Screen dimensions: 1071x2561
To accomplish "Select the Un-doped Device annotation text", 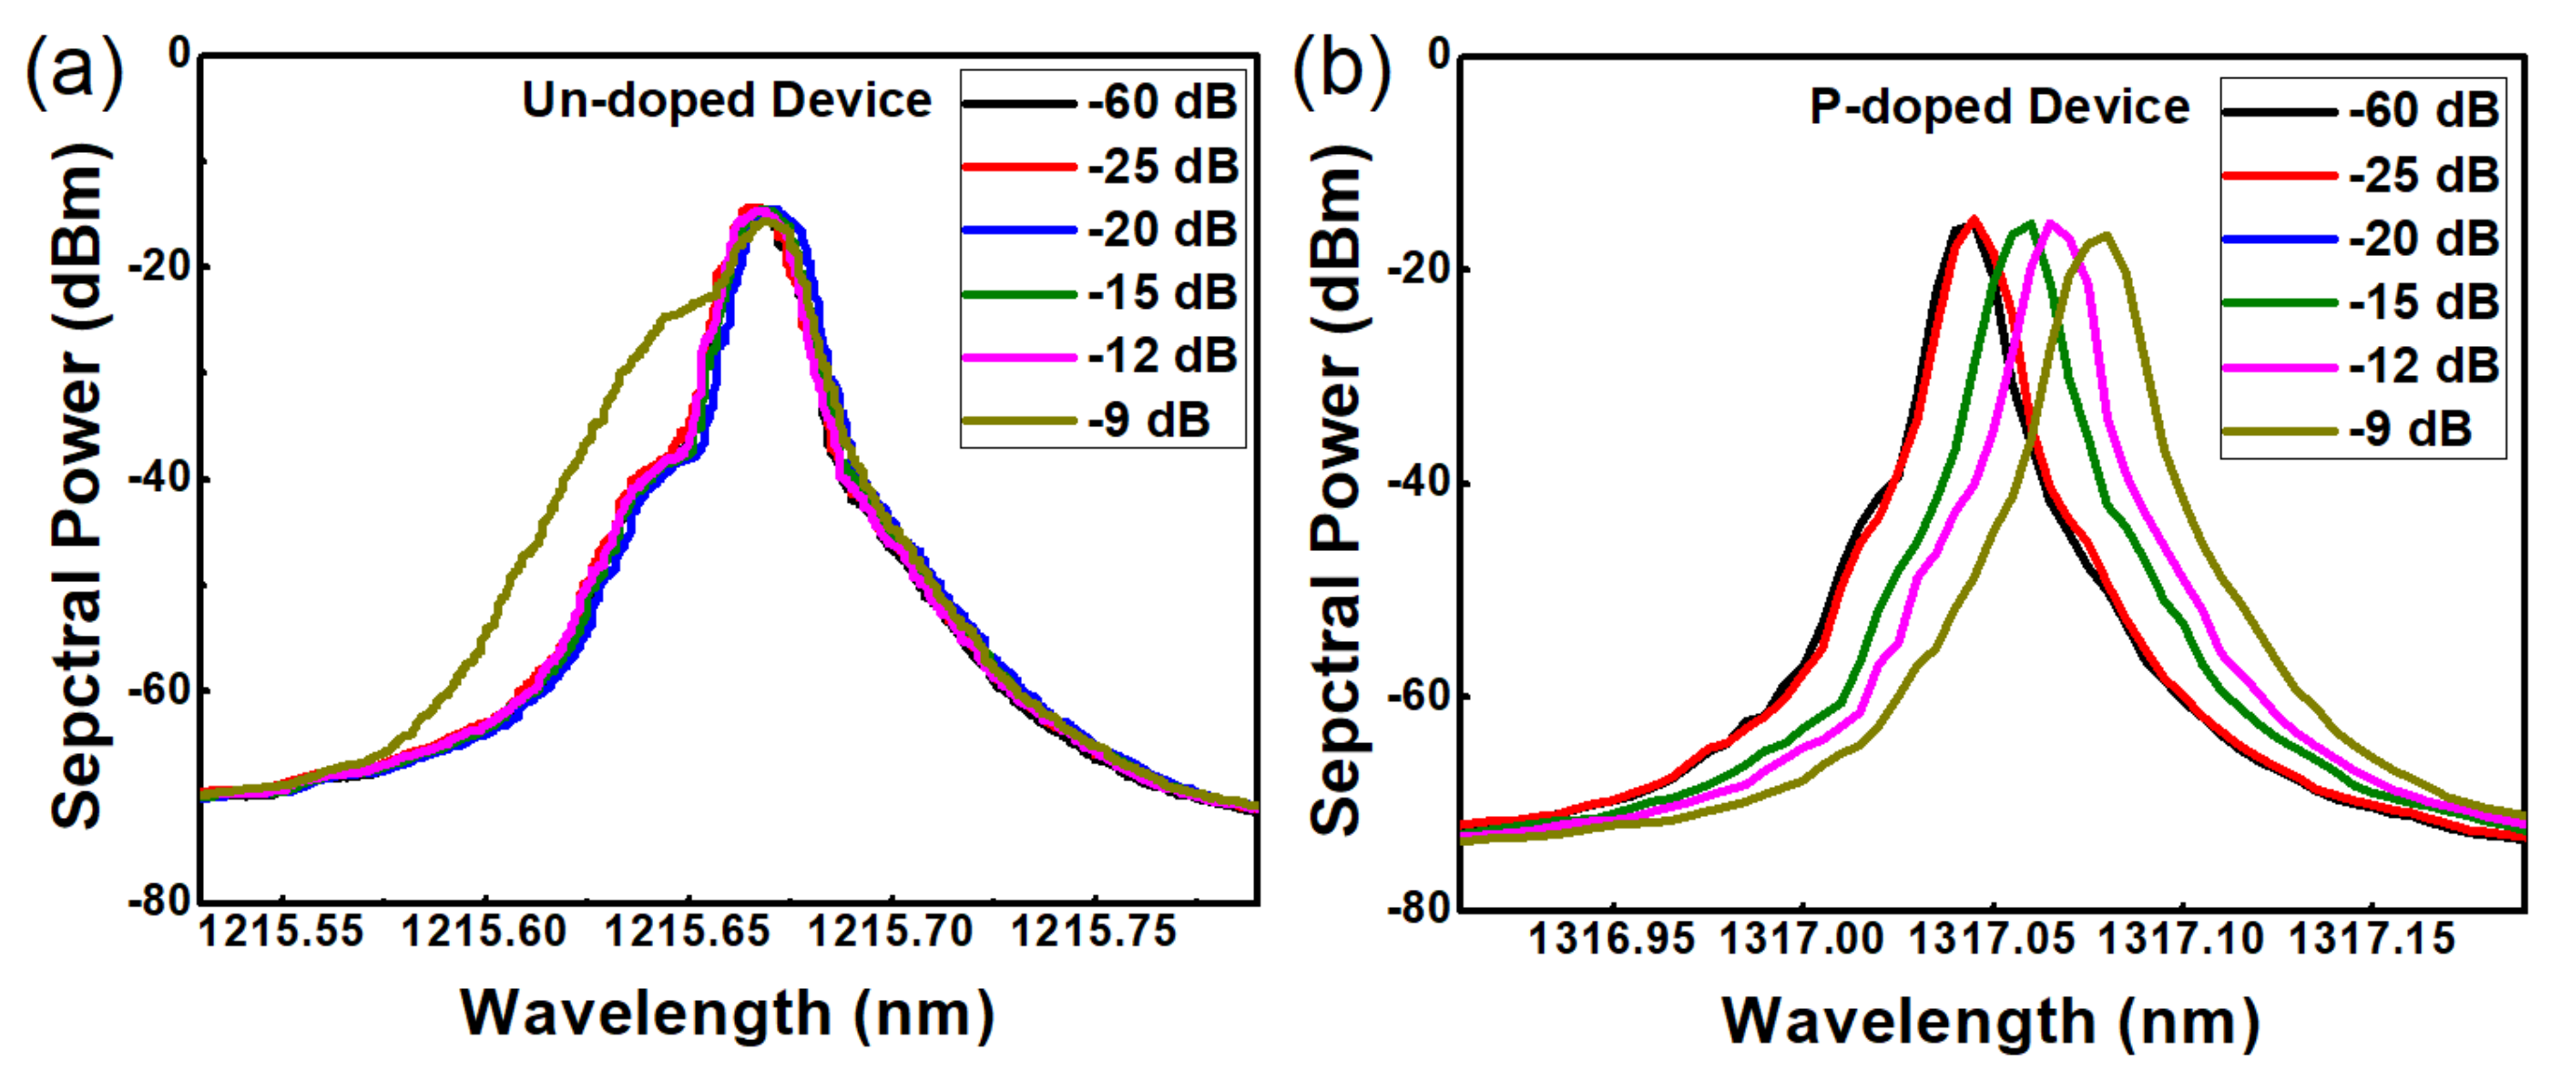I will [x=727, y=100].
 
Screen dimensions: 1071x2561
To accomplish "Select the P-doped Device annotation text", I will [x=1999, y=107].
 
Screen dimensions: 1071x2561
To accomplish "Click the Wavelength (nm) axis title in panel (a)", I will [x=727, y=1015].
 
